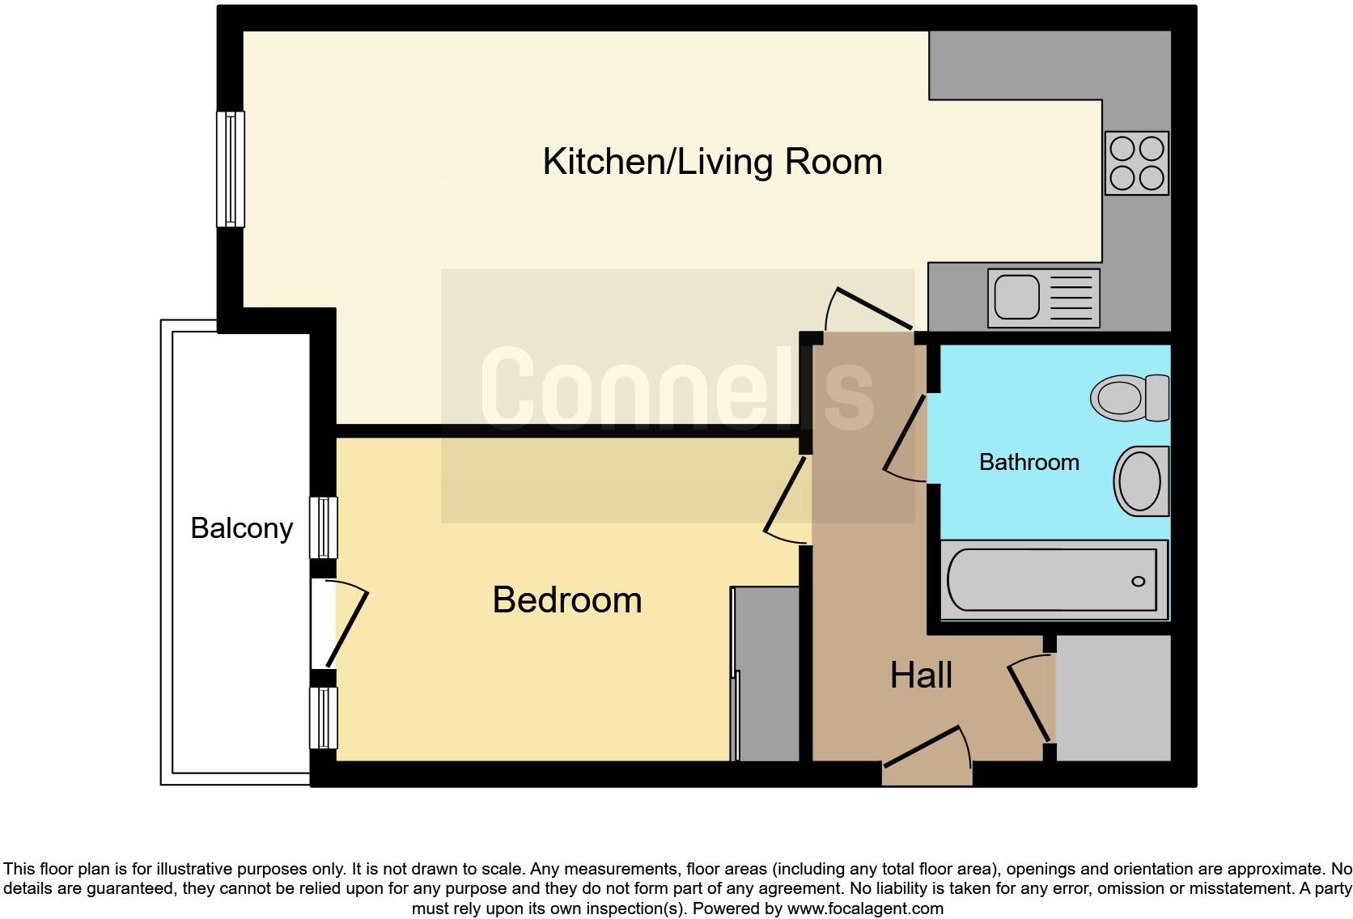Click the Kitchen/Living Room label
[712, 162]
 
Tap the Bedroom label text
[566, 600]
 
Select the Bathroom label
[1029, 462]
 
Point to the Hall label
[921, 675]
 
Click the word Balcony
[241, 528]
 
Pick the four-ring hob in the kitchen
[1136, 163]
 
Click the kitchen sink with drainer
[1043, 298]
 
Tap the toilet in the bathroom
[1129, 397]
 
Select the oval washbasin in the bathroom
[1141, 481]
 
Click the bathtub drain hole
[1138, 582]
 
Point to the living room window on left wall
[231, 168]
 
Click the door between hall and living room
[870, 308]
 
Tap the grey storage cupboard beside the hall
[1113, 697]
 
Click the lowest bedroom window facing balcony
[324, 718]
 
